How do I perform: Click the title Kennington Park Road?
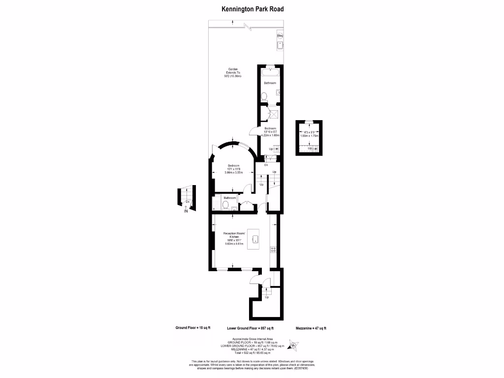pos(252,9)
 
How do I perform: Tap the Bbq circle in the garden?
pos(280,36)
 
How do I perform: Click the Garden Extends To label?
pos(233,72)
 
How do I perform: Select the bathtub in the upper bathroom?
pos(270,72)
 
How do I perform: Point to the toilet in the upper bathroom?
pos(264,96)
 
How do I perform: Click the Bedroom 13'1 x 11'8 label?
pos(233,169)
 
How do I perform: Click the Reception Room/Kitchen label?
pos(233,236)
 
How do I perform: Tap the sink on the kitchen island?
pos(255,239)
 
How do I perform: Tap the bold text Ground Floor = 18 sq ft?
pos(193,328)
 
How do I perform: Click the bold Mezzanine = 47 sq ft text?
pos(311,328)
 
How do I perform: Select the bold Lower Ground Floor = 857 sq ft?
pos(250,328)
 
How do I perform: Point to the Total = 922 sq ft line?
pos(252,353)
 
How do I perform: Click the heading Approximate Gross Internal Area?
pos(252,340)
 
